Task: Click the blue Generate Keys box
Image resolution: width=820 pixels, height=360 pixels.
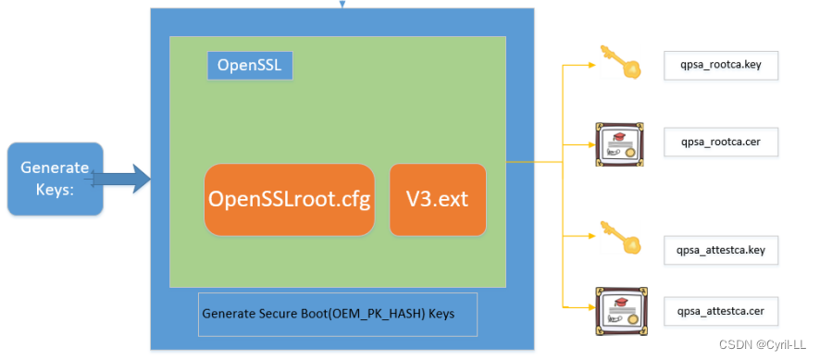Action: tap(55, 179)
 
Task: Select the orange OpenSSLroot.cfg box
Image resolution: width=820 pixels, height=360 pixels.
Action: tap(290, 200)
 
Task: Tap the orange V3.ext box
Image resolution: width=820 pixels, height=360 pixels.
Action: tap(438, 200)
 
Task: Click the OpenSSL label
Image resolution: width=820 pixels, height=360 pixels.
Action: tap(249, 65)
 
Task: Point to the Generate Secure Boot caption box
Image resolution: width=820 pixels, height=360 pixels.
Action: tap(338, 315)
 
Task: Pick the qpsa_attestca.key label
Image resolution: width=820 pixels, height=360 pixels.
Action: tap(721, 250)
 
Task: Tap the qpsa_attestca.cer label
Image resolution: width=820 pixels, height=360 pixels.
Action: tap(721, 311)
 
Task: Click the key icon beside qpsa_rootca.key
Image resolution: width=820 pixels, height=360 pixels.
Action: tap(616, 61)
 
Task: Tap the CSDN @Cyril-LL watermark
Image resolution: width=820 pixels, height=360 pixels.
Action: tap(766, 345)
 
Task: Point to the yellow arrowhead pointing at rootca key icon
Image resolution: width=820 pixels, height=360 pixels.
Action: tap(588, 67)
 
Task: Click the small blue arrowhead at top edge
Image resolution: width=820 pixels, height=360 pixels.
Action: tap(342, 4)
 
